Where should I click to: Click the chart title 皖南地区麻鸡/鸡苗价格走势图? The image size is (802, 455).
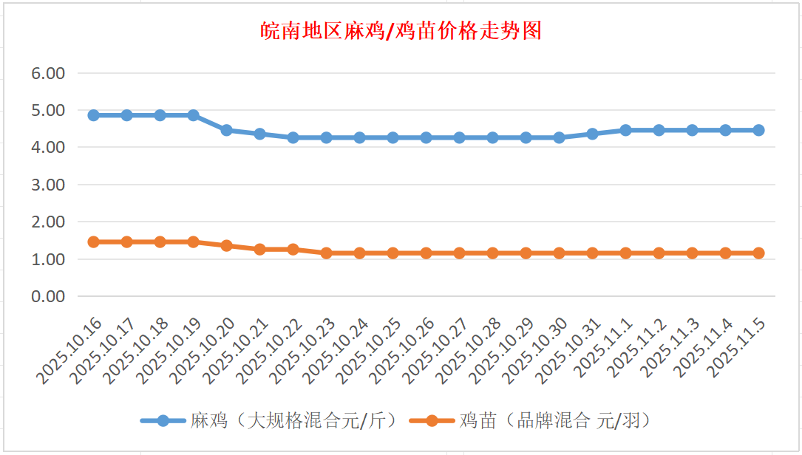click(401, 31)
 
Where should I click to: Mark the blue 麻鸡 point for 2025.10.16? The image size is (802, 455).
click(94, 115)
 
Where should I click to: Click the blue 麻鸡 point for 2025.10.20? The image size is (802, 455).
click(227, 130)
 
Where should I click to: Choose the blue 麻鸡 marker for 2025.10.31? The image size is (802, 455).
click(593, 134)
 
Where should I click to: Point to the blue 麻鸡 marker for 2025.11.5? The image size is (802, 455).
click(758, 130)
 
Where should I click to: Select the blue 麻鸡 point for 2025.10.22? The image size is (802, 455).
click(293, 137)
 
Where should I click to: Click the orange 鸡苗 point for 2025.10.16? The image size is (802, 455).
click(94, 242)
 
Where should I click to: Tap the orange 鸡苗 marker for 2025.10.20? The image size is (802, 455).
click(227, 245)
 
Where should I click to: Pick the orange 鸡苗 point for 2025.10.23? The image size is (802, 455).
click(327, 253)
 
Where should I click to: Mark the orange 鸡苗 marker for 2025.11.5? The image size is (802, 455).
click(758, 253)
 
